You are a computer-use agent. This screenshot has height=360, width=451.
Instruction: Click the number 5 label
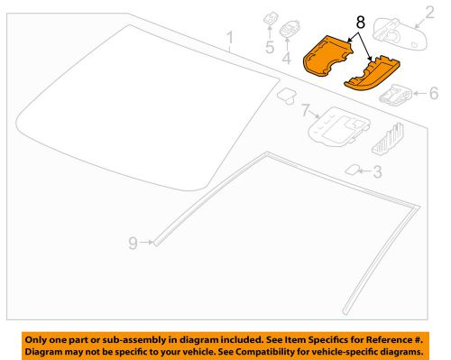[269, 47]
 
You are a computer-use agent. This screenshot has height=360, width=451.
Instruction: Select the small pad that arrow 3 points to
[353, 169]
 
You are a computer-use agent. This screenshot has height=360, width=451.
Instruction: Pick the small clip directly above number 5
[269, 19]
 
